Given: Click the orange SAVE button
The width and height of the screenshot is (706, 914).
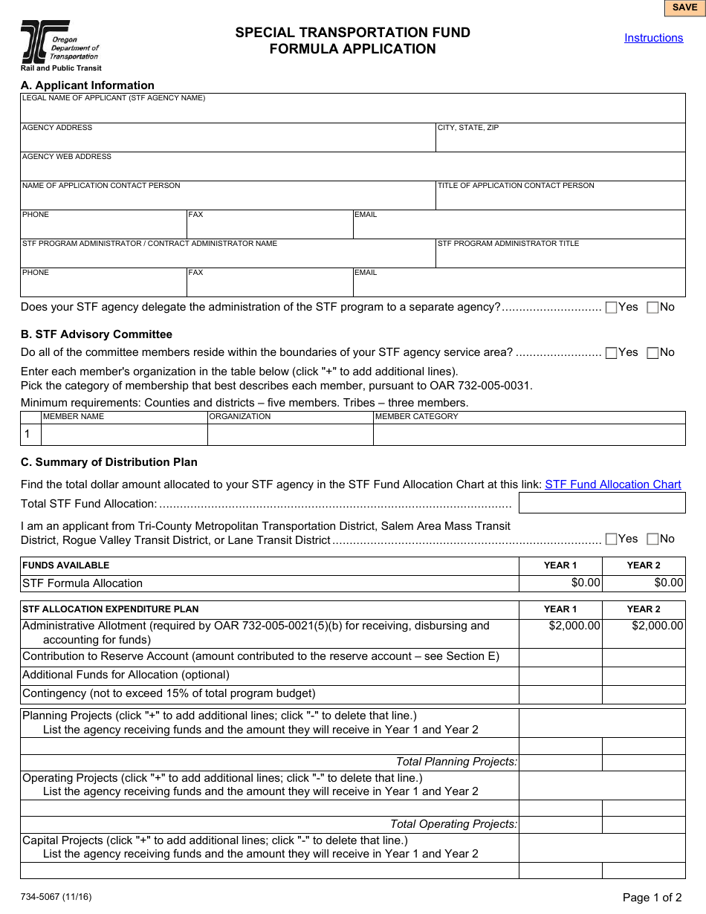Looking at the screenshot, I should (x=684, y=7).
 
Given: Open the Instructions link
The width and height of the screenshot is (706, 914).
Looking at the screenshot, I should (x=653, y=38).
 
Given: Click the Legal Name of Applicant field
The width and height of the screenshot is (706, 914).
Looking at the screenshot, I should (x=352, y=111).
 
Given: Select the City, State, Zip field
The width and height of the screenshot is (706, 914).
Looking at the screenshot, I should (x=560, y=141).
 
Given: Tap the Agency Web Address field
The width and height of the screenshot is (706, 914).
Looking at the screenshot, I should (x=352, y=170).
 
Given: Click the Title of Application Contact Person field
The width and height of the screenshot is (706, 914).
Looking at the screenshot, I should (x=560, y=199).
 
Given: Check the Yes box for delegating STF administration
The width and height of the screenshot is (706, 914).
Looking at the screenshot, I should (x=612, y=308).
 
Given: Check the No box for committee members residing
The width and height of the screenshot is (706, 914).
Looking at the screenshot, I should (x=652, y=353).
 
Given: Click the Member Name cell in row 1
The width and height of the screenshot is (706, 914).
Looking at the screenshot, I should (x=124, y=435).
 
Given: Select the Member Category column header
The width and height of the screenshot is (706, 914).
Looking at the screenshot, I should (x=417, y=417).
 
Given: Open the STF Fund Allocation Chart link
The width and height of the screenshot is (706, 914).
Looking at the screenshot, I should (x=612, y=484).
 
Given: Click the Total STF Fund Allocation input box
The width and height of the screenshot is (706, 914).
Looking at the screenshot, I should (x=601, y=503).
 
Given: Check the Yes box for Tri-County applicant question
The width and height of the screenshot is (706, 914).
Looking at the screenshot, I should (x=612, y=539).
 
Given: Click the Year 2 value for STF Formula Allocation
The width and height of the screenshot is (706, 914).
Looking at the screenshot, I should (x=644, y=583).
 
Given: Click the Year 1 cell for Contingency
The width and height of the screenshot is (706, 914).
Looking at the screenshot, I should (x=560, y=694).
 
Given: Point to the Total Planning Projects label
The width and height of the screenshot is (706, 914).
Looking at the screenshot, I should (x=456, y=762).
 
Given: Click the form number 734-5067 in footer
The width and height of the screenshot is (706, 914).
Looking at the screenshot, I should (x=56, y=897).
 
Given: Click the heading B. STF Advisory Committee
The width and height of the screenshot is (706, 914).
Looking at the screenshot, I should (x=97, y=334).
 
